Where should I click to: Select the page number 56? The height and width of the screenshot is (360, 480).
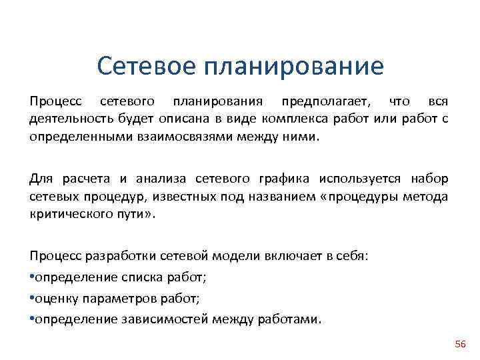460,344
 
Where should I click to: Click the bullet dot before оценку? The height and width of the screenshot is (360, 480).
32,298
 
